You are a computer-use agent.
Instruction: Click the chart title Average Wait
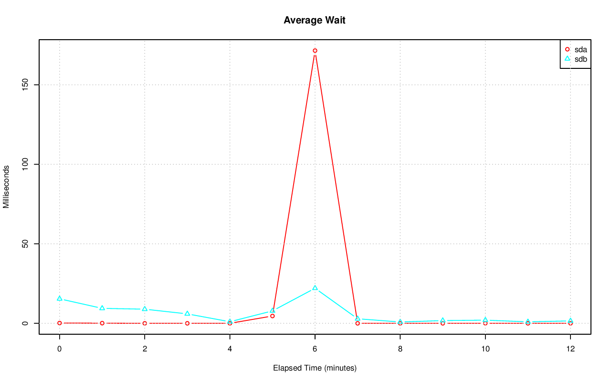pyautogui.click(x=314, y=20)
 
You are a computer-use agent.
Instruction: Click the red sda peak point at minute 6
pyautogui.click(x=315, y=51)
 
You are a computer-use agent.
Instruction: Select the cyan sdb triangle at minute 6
pyautogui.click(x=315, y=288)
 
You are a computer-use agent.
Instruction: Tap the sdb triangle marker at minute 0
pyautogui.click(x=60, y=298)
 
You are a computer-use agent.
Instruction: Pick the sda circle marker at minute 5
pyautogui.click(x=272, y=316)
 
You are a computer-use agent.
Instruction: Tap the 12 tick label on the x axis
pyautogui.click(x=570, y=349)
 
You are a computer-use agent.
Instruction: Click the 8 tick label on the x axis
pyautogui.click(x=400, y=349)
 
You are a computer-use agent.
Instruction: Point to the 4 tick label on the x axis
pyautogui.click(x=230, y=349)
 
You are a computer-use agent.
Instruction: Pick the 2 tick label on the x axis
pyautogui.click(x=145, y=349)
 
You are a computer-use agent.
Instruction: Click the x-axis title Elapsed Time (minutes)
pyautogui.click(x=315, y=368)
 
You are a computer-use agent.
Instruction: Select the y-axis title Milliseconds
pyautogui.click(x=7, y=186)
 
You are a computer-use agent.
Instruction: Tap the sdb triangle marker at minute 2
pyautogui.click(x=145, y=309)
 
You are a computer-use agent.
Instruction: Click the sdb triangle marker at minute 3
pyautogui.click(x=187, y=314)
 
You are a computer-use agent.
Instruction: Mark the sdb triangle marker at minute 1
pyautogui.click(x=102, y=308)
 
